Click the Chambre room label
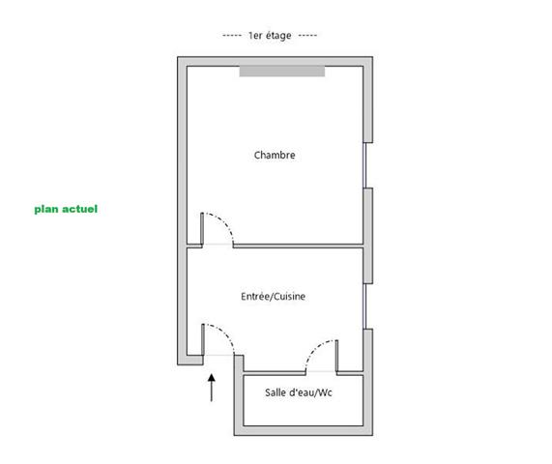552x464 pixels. pyautogui.click(x=275, y=155)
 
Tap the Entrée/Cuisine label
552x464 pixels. pyautogui.click(x=274, y=297)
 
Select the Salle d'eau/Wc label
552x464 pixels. pyautogui.click(x=299, y=392)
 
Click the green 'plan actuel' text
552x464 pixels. pyautogui.click(x=66, y=209)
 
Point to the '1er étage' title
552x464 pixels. pyautogui.click(x=270, y=36)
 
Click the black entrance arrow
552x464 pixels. pyautogui.click(x=211, y=388)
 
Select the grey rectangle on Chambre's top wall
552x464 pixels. pyautogui.click(x=282, y=72)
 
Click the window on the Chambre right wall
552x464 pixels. pyautogui.click(x=364, y=165)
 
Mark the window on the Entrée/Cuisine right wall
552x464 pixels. pyautogui.click(x=364, y=306)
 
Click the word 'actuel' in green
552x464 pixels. pyautogui.click(x=80, y=209)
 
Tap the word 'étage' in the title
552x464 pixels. pyautogui.click(x=278, y=36)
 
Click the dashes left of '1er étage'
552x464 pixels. pyautogui.click(x=232, y=36)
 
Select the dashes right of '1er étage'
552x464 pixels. pyautogui.click(x=307, y=36)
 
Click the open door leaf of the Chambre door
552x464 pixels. pyautogui.click(x=202, y=228)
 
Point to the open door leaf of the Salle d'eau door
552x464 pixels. pyautogui.click(x=336, y=356)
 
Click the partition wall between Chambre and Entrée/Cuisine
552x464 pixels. pyautogui.click(x=298, y=246)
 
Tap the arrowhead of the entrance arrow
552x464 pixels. pyautogui.click(x=211, y=378)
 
